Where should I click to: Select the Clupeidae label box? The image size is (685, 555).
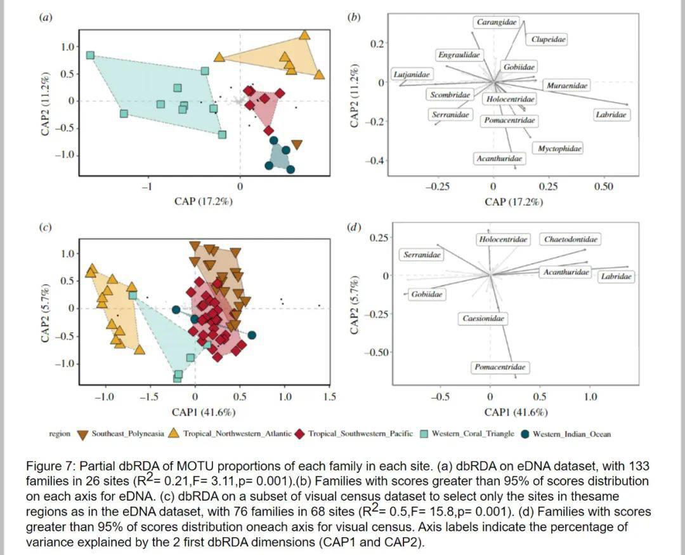[x=549, y=39]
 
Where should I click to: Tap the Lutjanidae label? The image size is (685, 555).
[x=412, y=74]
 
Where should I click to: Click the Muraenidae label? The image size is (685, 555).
[x=567, y=85]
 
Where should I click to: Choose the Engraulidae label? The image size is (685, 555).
[x=459, y=55]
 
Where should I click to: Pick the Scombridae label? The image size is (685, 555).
[x=450, y=95]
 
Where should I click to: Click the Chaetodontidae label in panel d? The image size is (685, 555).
[x=571, y=239]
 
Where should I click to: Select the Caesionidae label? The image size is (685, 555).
[x=483, y=318]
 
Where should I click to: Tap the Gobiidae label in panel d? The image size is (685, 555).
[x=426, y=294]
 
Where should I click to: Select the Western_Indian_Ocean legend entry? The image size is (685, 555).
[x=571, y=434]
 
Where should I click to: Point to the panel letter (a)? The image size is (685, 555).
[x=46, y=18]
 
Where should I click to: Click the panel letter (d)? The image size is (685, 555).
[x=355, y=227]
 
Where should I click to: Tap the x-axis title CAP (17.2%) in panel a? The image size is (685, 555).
[x=204, y=201]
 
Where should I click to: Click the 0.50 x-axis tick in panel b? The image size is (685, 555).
[x=604, y=187]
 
